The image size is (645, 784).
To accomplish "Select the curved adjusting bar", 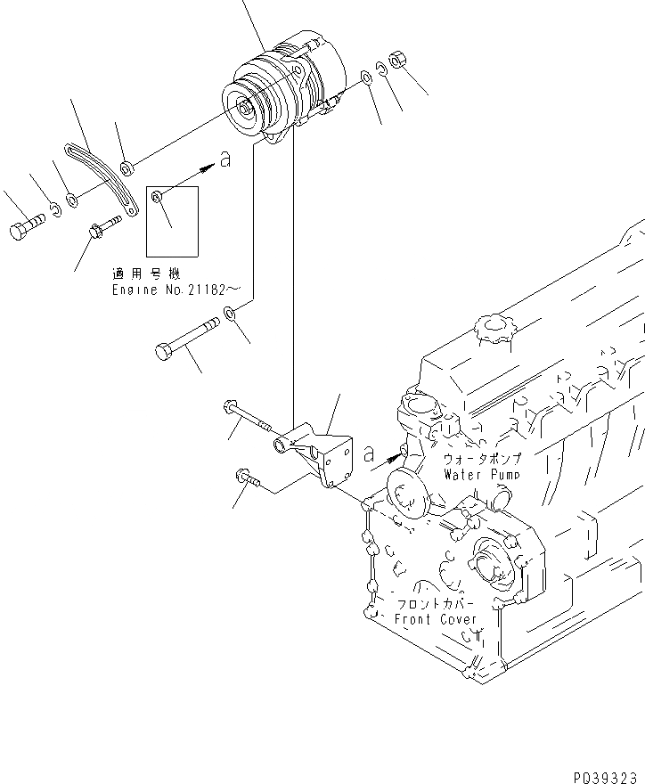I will click(x=105, y=178).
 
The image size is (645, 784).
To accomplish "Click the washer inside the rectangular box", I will click(x=158, y=196).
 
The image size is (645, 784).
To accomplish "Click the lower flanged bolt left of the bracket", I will click(x=249, y=479).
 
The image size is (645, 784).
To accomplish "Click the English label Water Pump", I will click(x=481, y=475).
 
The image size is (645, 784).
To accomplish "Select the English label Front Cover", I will click(x=436, y=619).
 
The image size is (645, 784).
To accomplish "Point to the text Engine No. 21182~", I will click(x=176, y=290).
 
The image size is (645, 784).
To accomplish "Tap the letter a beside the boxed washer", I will click(x=225, y=159).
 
